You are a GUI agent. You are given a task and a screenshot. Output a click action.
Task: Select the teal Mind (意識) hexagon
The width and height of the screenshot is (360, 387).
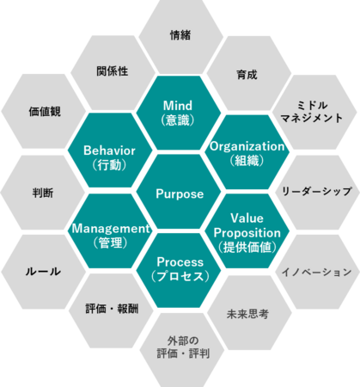click(x=179, y=113)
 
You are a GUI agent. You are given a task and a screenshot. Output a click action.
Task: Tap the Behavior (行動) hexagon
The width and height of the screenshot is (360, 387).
click(x=110, y=150)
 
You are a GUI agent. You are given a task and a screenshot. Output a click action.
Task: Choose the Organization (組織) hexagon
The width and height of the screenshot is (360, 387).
click(x=247, y=152)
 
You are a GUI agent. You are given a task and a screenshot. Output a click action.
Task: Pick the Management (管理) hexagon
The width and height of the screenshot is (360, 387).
click(x=110, y=231)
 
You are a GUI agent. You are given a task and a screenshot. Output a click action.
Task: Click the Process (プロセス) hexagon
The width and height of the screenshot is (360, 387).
click(x=179, y=270)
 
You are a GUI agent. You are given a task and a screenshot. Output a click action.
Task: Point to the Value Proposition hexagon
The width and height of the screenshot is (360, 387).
click(x=247, y=231)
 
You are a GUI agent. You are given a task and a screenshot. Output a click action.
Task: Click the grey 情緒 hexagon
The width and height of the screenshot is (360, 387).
click(x=181, y=36)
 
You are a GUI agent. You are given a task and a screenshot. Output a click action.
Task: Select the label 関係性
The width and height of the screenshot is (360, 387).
click(x=113, y=71)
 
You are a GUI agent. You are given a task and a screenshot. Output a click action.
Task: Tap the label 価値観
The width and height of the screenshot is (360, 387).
click(x=45, y=112)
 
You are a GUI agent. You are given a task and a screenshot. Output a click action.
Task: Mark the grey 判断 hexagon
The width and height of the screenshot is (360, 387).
click(x=43, y=193)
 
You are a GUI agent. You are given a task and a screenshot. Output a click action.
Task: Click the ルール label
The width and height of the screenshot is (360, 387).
click(x=43, y=272)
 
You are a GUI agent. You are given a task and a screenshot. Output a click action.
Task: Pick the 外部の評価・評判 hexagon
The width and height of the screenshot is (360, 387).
click(x=182, y=350)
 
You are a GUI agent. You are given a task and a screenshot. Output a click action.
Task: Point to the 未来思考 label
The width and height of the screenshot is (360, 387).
click(x=247, y=315)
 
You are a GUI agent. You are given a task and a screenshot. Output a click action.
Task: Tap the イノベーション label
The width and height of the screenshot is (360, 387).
click(x=317, y=272)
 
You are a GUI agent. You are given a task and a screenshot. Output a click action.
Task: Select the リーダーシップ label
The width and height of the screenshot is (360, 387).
click(x=317, y=191)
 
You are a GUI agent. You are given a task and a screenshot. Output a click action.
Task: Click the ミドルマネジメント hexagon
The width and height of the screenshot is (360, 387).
click(x=314, y=112)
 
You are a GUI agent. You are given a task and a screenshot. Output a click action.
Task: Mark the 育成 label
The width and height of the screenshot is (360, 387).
click(x=247, y=75)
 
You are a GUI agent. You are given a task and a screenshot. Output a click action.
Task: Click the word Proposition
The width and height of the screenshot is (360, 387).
click(x=247, y=233)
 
